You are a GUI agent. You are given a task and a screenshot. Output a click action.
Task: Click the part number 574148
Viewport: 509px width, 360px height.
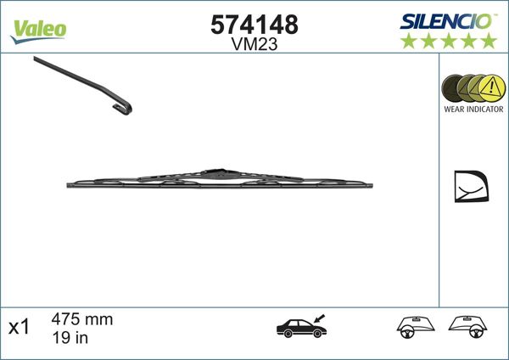(254, 25)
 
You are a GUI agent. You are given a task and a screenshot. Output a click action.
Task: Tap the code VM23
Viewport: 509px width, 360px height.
(254, 47)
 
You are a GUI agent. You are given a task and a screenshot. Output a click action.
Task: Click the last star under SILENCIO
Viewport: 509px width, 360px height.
(489, 41)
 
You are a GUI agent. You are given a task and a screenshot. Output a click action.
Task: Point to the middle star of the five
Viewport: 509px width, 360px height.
(449, 41)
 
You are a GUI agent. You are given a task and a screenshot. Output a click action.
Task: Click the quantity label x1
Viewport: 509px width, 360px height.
(18, 327)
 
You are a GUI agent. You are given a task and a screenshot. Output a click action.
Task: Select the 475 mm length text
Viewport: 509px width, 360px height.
(82, 320)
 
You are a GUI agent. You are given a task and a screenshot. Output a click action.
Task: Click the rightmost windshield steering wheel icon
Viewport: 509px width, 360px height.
(471, 325)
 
